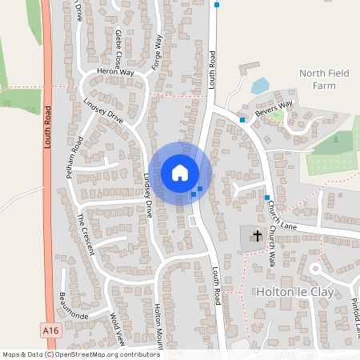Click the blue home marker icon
(x=180, y=173)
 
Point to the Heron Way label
(x=116, y=72)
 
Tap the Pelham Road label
(x=77, y=158)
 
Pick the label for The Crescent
(x=86, y=233)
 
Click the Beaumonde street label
(x=76, y=307)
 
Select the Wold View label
(x=118, y=329)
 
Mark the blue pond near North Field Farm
(x=260, y=86)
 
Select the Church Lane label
(x=284, y=216)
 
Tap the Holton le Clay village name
(x=290, y=292)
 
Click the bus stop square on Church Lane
(x=267, y=197)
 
